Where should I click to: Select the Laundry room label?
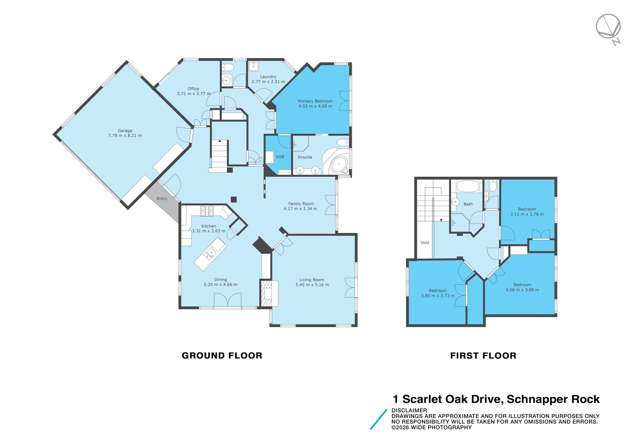pyautogui.click(x=265, y=78)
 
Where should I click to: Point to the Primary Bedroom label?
pyautogui.click(x=312, y=102)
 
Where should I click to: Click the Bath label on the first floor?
pyautogui.click(x=467, y=203)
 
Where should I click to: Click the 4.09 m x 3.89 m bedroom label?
pyautogui.click(x=523, y=285)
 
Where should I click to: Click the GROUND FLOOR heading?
pyautogui.click(x=221, y=354)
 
